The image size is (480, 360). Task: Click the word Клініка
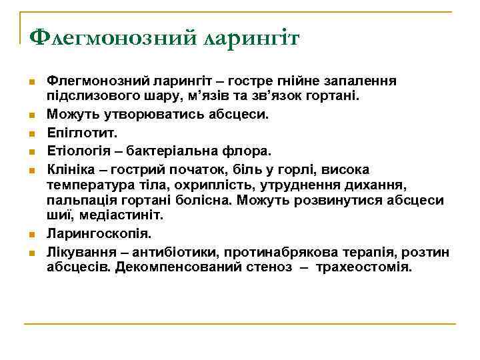click(70, 169)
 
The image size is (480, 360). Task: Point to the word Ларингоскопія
click(99, 234)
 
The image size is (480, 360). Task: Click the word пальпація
click(77, 199)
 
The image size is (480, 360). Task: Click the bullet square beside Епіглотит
click(31, 133)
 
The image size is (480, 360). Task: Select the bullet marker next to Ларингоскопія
click(31, 235)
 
